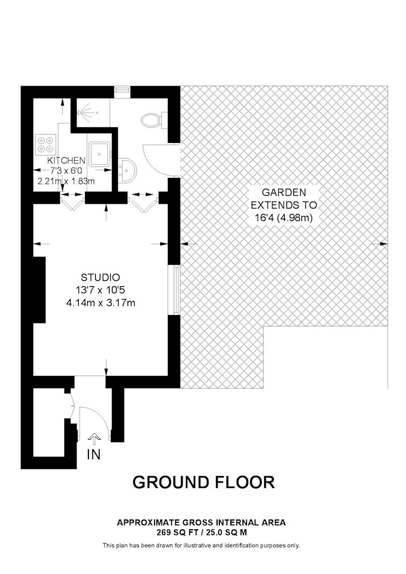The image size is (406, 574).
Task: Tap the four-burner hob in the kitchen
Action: pyautogui.click(x=46, y=144)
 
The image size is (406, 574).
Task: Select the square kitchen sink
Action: pyautogui.click(x=99, y=153)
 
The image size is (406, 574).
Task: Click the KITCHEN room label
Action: pyautogui.click(x=66, y=160)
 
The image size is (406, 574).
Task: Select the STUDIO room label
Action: pyautogui.click(x=100, y=277)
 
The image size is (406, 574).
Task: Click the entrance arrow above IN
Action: pyautogui.click(x=94, y=439)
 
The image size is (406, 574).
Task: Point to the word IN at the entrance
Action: pyautogui.click(x=94, y=455)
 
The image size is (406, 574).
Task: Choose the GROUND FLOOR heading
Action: pyautogui.click(x=203, y=482)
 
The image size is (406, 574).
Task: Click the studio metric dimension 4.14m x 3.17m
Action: pyautogui.click(x=100, y=302)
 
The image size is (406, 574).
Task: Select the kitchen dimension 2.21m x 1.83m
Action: pyautogui.click(x=66, y=181)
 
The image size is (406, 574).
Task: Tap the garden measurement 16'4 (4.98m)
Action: pyautogui.click(x=284, y=218)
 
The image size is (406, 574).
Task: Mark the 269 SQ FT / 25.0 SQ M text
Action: pyautogui.click(x=202, y=533)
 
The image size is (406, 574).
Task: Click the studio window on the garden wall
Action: pyautogui.click(x=176, y=289)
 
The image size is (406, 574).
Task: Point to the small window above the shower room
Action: pyautogui.click(x=122, y=91)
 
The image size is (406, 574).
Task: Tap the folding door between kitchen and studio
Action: pyautogui.click(x=72, y=201)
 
